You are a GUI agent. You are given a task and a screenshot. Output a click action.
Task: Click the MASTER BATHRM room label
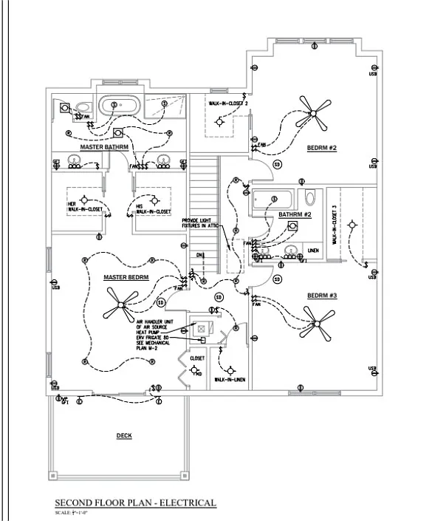pos(104,147)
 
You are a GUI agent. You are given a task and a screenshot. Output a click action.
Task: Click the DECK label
pos(124,436)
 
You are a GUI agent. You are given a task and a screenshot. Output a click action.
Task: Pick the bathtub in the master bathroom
pos(119,106)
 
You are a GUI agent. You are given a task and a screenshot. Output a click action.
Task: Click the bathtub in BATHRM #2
pos(272,199)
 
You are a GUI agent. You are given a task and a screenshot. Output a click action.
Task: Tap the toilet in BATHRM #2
pos(310,198)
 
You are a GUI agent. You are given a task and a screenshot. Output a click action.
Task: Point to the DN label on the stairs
pos(199,255)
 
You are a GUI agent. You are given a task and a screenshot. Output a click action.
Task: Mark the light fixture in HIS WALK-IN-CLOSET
pos(154,200)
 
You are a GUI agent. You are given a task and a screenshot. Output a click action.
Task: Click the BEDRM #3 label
pos(321,296)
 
